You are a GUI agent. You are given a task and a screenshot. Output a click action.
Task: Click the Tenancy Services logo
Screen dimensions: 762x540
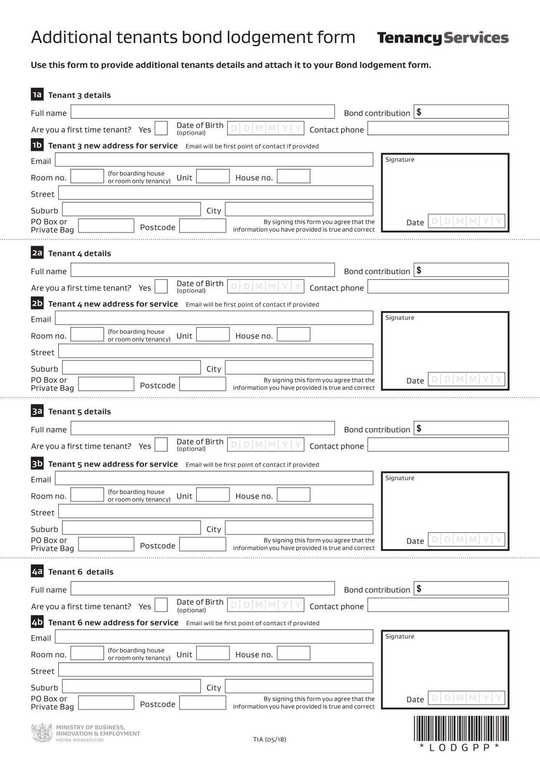click(x=442, y=38)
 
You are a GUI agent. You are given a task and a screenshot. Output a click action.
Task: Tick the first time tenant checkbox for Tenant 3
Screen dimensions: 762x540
click(x=161, y=128)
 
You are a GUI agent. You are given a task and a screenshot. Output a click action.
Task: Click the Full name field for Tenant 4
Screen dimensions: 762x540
click(x=202, y=270)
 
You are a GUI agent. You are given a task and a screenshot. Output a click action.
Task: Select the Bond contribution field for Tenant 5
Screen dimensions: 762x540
click(x=461, y=428)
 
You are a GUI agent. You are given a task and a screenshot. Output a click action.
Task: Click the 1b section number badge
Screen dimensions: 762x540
click(x=37, y=145)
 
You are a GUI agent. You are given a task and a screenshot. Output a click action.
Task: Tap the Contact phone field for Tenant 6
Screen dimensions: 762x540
click(x=438, y=605)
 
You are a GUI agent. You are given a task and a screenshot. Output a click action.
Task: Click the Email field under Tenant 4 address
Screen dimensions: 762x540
click(x=214, y=318)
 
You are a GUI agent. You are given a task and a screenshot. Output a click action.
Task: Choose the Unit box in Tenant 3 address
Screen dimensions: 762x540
click(x=213, y=176)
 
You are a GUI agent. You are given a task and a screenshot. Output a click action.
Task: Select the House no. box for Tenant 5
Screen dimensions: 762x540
click(x=293, y=495)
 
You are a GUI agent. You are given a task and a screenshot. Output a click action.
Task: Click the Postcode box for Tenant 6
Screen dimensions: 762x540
click(x=202, y=703)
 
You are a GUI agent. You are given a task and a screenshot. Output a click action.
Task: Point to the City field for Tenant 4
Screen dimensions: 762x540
click(x=299, y=368)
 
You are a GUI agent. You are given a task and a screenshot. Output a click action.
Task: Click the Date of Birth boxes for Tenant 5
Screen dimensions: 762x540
click(x=266, y=444)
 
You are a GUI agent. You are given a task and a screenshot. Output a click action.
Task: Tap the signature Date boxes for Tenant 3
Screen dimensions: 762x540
click(x=466, y=221)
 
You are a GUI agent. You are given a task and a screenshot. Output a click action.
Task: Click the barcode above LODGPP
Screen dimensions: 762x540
click(x=460, y=728)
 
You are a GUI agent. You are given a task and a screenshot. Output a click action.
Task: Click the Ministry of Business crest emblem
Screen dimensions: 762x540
click(x=41, y=733)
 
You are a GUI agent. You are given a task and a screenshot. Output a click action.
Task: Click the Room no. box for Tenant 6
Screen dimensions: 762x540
click(x=87, y=653)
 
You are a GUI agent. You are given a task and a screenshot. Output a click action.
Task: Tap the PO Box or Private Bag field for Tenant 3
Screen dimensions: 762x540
click(x=106, y=226)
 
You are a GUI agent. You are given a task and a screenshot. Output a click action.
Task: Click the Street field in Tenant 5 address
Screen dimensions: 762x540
click(x=216, y=511)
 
